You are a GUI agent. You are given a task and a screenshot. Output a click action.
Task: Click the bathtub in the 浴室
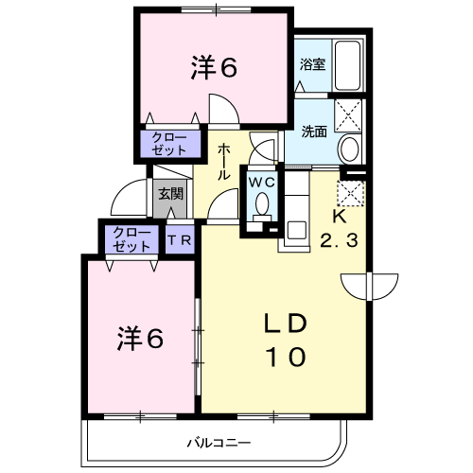point(347,65)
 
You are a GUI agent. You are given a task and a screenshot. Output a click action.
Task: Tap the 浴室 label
point(312,64)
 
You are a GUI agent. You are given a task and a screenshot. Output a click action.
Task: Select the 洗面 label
point(314,131)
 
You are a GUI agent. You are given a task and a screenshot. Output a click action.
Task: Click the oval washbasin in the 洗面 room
point(349,149)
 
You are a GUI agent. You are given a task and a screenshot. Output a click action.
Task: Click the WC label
point(262,183)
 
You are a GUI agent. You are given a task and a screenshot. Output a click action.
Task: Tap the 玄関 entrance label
point(170,193)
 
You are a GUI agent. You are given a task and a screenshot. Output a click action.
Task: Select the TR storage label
point(180,240)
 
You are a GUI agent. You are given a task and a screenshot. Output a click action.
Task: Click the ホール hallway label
point(223,162)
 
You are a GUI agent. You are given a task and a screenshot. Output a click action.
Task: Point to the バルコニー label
point(219,443)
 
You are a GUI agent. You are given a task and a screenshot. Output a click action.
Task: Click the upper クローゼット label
point(169,144)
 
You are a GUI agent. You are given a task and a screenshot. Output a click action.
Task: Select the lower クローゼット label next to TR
point(132,240)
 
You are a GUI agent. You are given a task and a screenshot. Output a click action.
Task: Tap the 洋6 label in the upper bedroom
point(214,67)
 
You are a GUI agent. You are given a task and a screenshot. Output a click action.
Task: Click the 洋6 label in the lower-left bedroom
point(140,339)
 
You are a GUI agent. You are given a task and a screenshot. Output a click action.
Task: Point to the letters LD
point(286,324)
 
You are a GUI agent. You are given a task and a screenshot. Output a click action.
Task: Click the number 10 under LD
point(286,357)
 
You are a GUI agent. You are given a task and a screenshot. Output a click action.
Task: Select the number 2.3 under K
point(340,241)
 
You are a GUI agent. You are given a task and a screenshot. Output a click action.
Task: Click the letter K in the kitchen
point(340,217)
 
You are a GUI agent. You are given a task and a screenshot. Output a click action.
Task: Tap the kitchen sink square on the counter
point(296,230)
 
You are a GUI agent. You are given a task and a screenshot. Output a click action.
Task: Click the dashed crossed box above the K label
point(351,193)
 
